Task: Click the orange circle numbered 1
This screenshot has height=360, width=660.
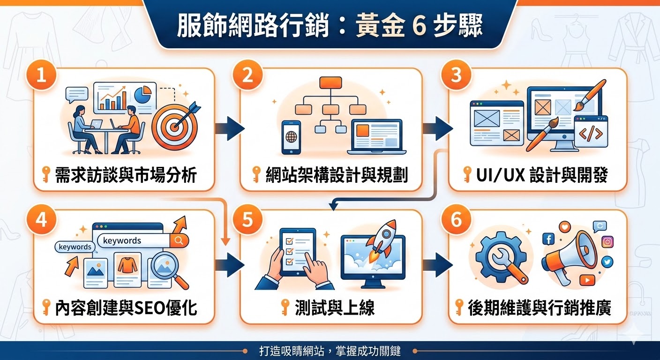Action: click(x=41, y=75)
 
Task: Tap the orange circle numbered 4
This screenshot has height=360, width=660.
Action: click(x=41, y=220)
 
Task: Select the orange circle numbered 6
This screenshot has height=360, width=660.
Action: click(x=456, y=220)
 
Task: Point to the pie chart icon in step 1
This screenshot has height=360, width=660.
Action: click(x=142, y=94)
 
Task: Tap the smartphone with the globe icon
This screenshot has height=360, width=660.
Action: click(x=291, y=137)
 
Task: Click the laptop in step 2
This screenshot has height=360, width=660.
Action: click(x=376, y=137)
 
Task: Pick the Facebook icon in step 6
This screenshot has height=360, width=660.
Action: click(x=548, y=239)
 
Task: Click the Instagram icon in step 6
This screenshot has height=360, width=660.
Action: click(x=607, y=242)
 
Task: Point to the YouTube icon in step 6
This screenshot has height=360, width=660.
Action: click(x=587, y=280)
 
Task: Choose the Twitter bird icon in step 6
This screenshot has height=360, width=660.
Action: click(x=607, y=262)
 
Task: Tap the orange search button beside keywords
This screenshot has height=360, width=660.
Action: click(x=179, y=240)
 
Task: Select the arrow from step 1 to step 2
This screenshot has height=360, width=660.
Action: click(x=230, y=128)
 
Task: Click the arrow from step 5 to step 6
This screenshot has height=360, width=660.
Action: click(x=437, y=264)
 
